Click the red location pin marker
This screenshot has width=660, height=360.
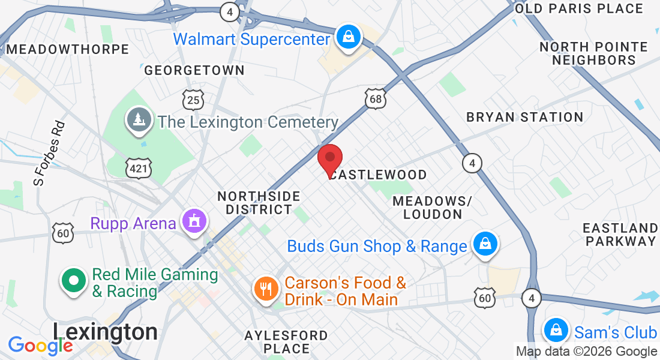329,158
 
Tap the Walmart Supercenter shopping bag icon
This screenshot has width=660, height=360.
348,37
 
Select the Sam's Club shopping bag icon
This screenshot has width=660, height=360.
556,331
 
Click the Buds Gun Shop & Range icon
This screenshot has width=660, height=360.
484,244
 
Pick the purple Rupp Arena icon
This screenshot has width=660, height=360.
194,221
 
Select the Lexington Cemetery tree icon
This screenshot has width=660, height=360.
139,120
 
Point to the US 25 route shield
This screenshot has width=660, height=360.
193,100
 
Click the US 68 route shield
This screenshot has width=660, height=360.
376,99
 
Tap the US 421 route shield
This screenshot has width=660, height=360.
138,169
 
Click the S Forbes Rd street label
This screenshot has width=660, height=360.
49,152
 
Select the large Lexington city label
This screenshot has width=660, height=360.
105,332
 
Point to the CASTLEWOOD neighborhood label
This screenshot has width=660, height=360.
379,175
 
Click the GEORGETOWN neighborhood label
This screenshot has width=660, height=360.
194,70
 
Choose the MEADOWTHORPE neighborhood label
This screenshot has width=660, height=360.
67,49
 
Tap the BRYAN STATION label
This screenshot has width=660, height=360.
525,117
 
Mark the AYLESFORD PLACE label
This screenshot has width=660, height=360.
287,341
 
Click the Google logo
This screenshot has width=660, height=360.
40,346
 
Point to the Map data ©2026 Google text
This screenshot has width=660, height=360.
586,352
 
